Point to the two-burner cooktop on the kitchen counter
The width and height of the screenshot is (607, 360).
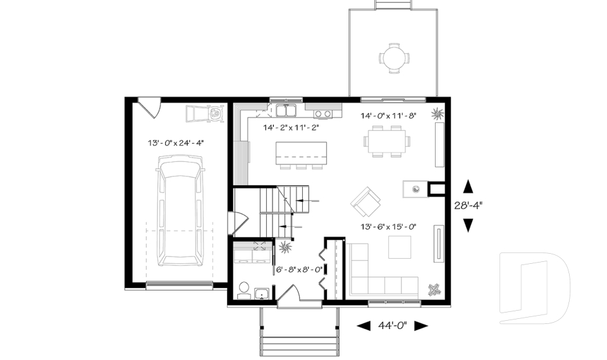324,114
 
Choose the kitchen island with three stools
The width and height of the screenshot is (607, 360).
301,153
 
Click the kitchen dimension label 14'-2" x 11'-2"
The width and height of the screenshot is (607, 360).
291,127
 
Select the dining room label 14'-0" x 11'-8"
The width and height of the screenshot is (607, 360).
388,116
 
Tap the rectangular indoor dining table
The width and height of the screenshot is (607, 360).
387,140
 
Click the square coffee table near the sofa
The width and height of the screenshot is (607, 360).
398,247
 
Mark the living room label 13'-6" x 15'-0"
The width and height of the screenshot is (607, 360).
388,227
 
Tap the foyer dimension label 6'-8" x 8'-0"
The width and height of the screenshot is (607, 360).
300,270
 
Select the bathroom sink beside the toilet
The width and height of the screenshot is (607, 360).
262,292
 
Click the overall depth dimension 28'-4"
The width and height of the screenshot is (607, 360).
469,205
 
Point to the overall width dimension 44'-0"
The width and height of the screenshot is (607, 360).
392,326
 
